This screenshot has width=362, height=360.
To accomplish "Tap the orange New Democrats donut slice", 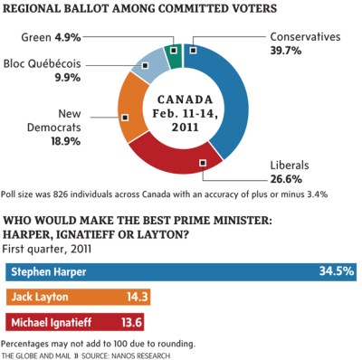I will pos(127,118).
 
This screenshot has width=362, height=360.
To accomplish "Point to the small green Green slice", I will pos(173,52).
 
